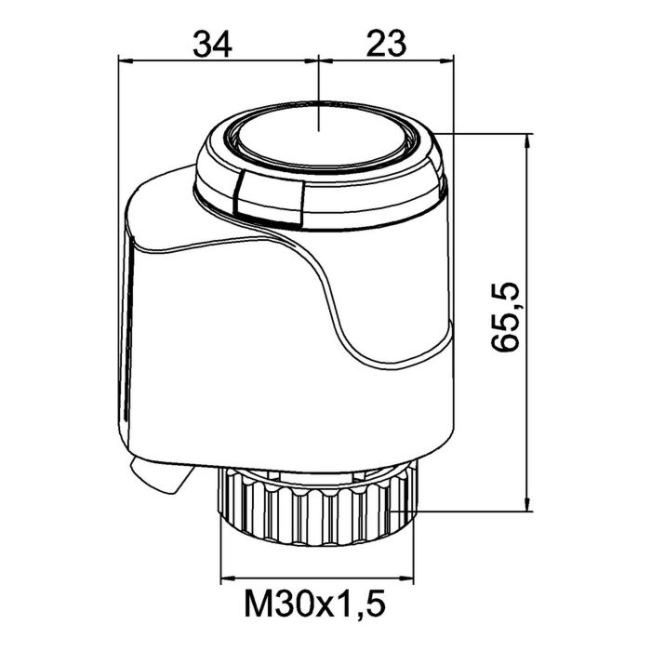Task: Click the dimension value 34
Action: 212,44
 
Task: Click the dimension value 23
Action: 386,44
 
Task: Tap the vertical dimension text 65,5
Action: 505,317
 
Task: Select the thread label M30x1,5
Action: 315,604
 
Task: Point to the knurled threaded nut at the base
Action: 317,506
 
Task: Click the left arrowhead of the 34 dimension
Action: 127,61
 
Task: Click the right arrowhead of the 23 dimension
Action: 445,61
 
